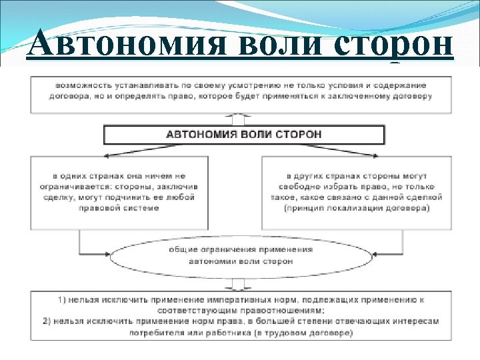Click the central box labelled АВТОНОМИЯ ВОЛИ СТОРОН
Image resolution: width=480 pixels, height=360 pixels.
coord(244,135)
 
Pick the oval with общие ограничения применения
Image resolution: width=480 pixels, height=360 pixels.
coord(240,255)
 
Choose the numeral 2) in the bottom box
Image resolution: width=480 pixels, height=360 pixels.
coord(48,321)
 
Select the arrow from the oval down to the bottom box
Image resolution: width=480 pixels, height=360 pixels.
coord(240,282)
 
